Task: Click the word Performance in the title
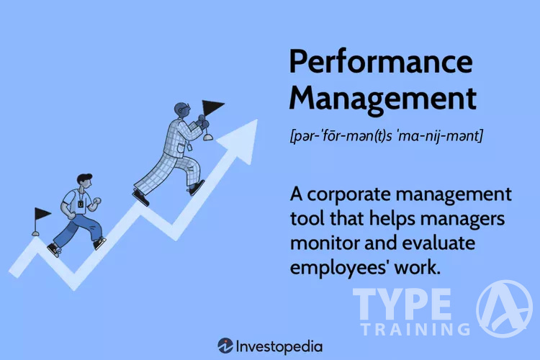[x=380, y=63]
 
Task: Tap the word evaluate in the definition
[x=447, y=243]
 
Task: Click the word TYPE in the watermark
[x=402, y=305]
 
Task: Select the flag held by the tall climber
[x=214, y=109]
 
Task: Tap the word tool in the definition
[x=311, y=218]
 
